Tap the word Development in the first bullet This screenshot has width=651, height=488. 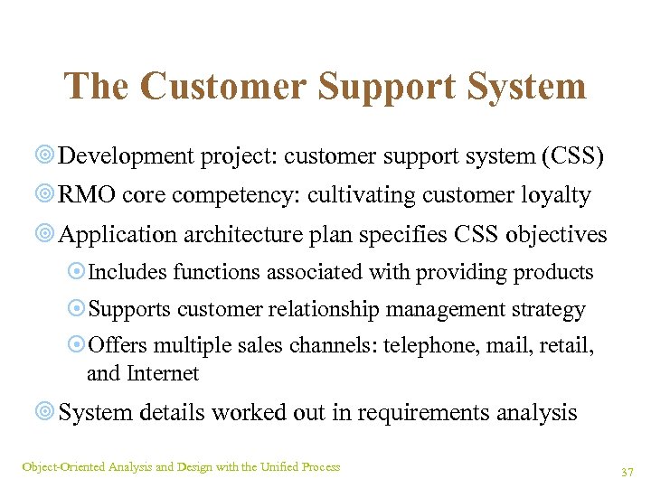click(x=127, y=156)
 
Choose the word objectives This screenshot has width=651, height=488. click(x=556, y=235)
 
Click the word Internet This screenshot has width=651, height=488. click(x=163, y=372)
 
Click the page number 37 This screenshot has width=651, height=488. click(x=627, y=472)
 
